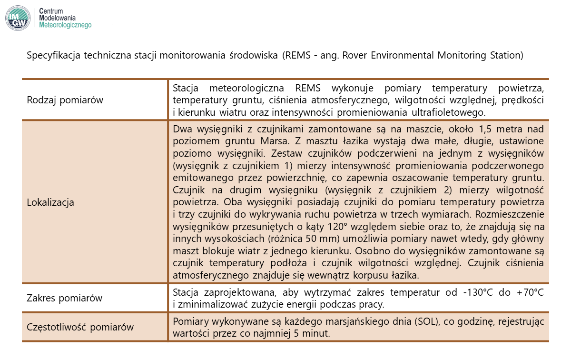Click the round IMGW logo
tap(18, 18)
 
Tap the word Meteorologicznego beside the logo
tap(66, 25)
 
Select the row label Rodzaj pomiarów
tap(65, 100)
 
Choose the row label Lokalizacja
tap(51, 202)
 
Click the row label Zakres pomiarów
tap(65, 299)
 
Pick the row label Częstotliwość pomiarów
tap(80, 327)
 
